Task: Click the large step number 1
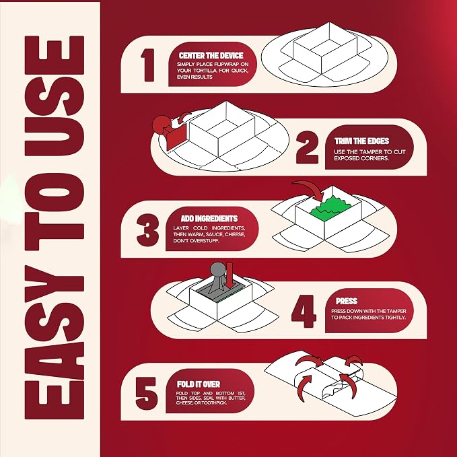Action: click(x=148, y=65)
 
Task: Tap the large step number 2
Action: click(x=307, y=147)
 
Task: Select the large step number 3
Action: click(x=148, y=230)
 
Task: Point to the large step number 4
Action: click(x=304, y=311)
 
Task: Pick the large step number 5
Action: click(x=147, y=393)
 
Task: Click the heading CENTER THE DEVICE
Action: click(x=211, y=55)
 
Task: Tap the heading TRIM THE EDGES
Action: click(x=361, y=141)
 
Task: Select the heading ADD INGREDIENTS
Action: click(x=209, y=219)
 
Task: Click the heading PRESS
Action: click(x=347, y=301)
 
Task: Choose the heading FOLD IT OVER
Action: click(x=199, y=384)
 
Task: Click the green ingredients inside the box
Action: click(x=330, y=207)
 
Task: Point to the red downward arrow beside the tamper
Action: click(x=230, y=275)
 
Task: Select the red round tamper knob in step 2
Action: click(x=162, y=124)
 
